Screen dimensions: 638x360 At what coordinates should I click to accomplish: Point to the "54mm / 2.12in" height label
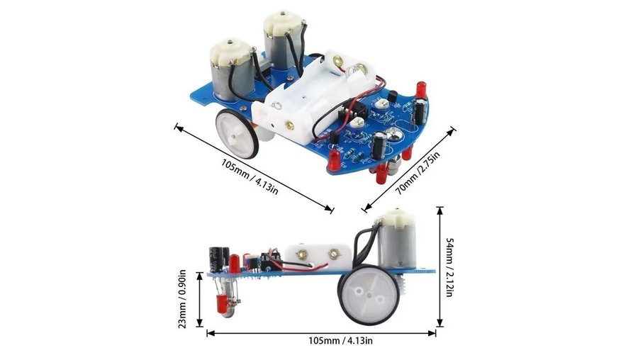tap(449, 268)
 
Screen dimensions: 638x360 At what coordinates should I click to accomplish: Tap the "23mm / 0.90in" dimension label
tap(182, 299)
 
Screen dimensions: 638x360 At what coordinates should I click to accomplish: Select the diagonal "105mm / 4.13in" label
tap(250, 176)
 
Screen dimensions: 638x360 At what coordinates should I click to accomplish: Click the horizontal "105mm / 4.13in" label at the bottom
tap(340, 340)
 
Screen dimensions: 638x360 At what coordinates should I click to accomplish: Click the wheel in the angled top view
tap(237, 133)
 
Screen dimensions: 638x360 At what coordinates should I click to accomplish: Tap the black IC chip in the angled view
tap(350, 112)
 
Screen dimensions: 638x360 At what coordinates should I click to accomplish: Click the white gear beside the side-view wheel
tap(405, 284)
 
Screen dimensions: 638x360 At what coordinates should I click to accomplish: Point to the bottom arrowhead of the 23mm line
tap(199, 324)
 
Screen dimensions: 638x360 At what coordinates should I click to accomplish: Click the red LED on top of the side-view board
tap(235, 263)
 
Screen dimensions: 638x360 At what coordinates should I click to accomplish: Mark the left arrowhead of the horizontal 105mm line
tap(210, 334)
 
